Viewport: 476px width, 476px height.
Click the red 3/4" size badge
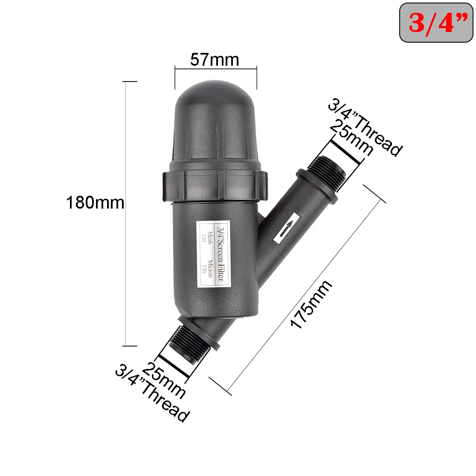pyautogui.click(x=436, y=23)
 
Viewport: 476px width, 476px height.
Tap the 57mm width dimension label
pyautogui.click(x=215, y=59)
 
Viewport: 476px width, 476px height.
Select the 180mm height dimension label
pyautogui.click(x=95, y=202)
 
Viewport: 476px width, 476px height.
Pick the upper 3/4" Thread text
pyautogui.click(x=365, y=128)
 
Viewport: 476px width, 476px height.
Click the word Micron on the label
pyautogui.click(x=210, y=269)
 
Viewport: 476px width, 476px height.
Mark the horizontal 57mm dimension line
pyautogui.click(x=215, y=67)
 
